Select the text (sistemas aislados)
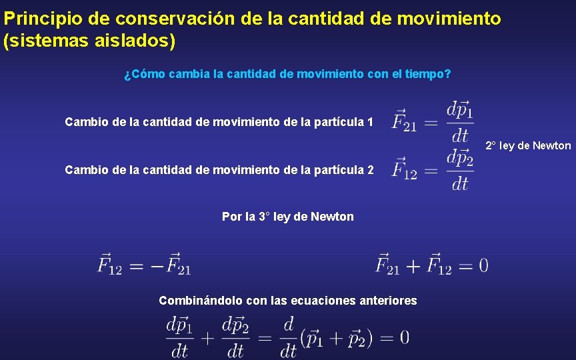point(90,41)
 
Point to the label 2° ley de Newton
point(528,145)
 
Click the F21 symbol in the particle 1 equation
point(404,122)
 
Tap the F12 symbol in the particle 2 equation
point(404,169)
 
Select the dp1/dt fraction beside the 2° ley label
point(460,121)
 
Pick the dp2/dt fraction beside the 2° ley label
point(460,169)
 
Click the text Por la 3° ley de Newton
point(287,217)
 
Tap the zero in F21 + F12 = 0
point(483,265)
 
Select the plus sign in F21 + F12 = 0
point(413,265)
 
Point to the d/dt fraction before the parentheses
point(288,337)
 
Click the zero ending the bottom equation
point(404,337)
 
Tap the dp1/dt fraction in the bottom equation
point(179,337)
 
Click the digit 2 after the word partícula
point(370,170)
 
